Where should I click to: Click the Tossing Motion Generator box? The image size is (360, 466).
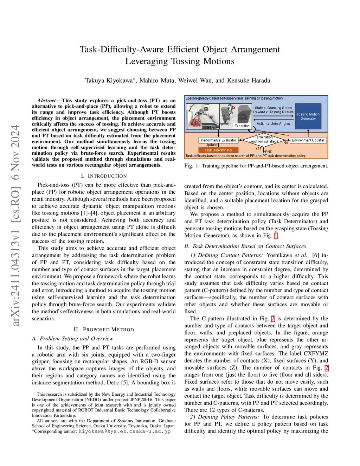308,116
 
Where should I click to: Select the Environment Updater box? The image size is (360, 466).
308,140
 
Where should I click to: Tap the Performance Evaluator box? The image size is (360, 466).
218,140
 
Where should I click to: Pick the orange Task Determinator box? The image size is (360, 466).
218,150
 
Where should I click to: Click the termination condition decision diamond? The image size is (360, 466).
264,140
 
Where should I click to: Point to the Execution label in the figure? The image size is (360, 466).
242,126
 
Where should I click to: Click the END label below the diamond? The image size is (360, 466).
269,152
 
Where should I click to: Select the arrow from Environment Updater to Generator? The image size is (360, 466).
308,133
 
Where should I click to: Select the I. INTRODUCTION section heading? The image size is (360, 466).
104,176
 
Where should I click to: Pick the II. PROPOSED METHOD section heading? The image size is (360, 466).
104,330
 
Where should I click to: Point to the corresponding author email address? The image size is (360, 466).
124,431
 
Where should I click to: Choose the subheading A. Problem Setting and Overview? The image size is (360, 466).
72,339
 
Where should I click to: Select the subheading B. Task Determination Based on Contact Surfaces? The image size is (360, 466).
245,246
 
